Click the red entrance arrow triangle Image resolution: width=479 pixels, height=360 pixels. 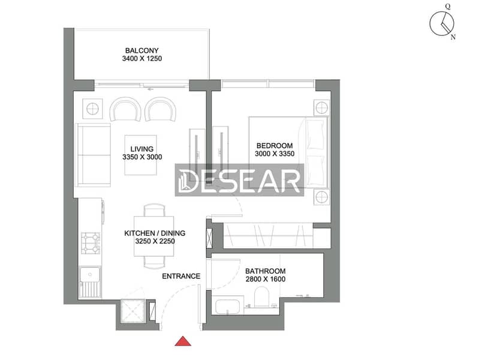(x=183, y=341)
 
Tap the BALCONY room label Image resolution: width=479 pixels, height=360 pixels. (x=141, y=50)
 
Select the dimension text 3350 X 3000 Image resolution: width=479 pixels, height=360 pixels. (x=142, y=157)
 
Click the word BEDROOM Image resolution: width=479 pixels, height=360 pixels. (x=275, y=146)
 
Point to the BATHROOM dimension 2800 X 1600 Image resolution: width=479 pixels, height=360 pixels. (x=265, y=279)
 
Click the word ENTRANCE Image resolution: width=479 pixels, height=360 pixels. (x=181, y=276)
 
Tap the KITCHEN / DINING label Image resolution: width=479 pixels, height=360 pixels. (x=155, y=233)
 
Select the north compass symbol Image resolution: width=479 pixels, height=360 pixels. (x=442, y=23)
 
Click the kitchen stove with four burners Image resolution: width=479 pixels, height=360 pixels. (x=91, y=243)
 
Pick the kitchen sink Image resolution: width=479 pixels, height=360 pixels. (x=90, y=283)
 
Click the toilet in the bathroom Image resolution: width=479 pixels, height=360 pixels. (x=261, y=296)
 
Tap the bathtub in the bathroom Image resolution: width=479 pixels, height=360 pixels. (x=228, y=307)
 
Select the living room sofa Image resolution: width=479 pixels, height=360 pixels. (x=94, y=155)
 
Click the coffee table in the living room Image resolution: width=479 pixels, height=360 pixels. (x=140, y=155)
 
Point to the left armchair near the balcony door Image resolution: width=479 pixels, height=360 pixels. (x=125, y=109)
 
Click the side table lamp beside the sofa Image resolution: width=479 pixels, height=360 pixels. (x=92, y=109)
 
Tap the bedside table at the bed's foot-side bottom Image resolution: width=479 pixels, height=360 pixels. (x=322, y=197)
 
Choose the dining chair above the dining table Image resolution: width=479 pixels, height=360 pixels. (x=154, y=211)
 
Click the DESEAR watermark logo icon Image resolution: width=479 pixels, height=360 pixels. (x=184, y=181)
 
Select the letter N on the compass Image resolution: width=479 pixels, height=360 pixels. (x=453, y=37)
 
